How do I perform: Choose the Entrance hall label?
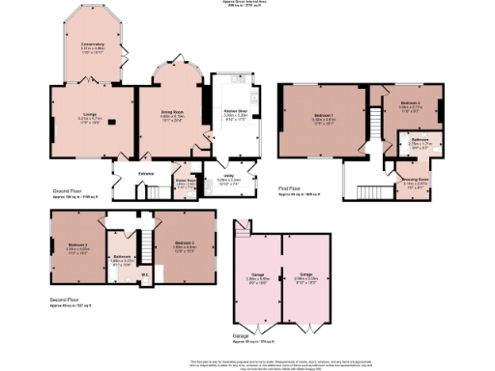click(146, 173)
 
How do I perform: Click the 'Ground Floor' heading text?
click(70, 191)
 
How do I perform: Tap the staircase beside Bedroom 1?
click(369, 120)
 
